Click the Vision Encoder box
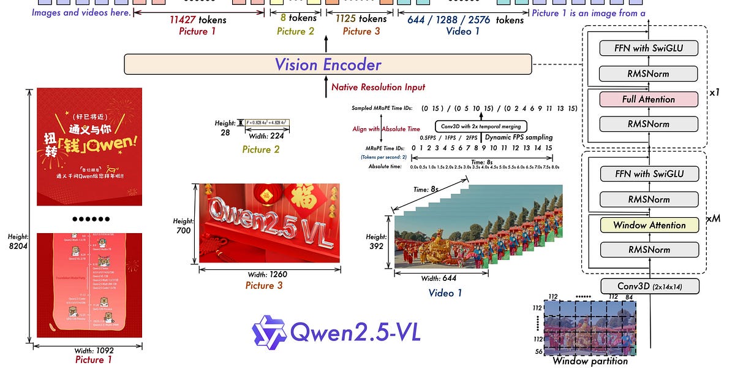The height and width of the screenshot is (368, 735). pyautogui.click(x=328, y=64)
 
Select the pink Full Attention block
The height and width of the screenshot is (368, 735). pyautogui.click(x=649, y=99)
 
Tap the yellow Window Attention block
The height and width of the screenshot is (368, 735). pyautogui.click(x=649, y=225)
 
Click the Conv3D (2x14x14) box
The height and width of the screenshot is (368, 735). pyautogui.click(x=649, y=286)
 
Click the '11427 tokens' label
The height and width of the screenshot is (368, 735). pyautogui.click(x=198, y=20)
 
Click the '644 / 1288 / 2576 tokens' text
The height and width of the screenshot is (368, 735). pyautogui.click(x=466, y=20)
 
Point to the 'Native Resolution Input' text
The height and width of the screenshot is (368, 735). pyautogui.click(x=378, y=87)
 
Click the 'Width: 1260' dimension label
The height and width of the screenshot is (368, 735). pyautogui.click(x=269, y=273)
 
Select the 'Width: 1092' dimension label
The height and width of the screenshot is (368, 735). pyautogui.click(x=89, y=350)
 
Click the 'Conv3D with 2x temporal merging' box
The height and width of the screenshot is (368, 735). pyautogui.click(x=481, y=126)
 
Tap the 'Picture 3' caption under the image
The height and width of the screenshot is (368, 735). pyautogui.click(x=269, y=286)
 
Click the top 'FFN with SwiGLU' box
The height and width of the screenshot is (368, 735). pyautogui.click(x=649, y=48)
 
